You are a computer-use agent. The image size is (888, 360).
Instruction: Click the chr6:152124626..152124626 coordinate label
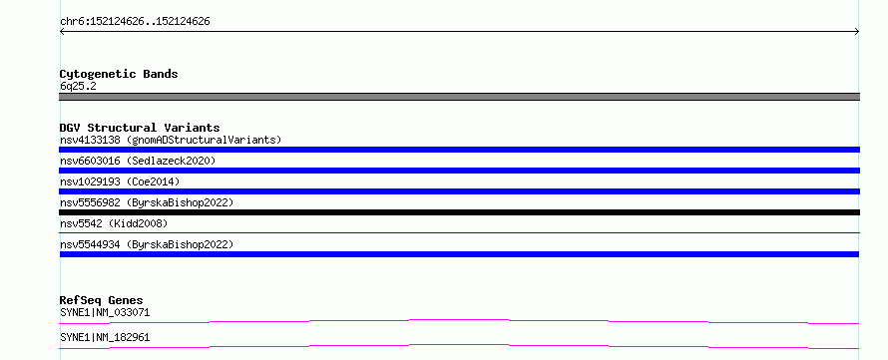[135, 22]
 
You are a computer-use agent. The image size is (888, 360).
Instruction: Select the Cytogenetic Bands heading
[119, 74]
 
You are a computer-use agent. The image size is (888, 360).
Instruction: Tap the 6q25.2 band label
[78, 86]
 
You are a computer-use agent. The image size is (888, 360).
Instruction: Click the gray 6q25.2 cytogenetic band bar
[459, 97]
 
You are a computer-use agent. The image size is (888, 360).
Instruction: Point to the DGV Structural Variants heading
[140, 128]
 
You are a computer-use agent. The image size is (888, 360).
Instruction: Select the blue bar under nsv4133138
[459, 150]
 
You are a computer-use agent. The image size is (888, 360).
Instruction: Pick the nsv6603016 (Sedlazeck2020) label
[138, 161]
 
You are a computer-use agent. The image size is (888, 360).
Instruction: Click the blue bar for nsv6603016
[459, 171]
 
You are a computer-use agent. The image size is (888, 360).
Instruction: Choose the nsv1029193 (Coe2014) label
[120, 181]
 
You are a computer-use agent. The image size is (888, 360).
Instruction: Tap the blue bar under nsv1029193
[459, 191]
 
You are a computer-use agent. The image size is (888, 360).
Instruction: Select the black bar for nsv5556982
[459, 212]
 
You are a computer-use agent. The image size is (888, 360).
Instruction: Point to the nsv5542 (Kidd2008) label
[114, 223]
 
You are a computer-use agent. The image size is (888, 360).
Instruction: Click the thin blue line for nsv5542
[459, 232]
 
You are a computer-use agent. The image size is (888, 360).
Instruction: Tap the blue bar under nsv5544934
[459, 254]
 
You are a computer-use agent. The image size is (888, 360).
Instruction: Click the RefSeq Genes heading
[102, 300]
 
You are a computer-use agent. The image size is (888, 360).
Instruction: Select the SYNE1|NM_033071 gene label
[105, 312]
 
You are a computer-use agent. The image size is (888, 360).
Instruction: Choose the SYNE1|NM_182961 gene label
[105, 337]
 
